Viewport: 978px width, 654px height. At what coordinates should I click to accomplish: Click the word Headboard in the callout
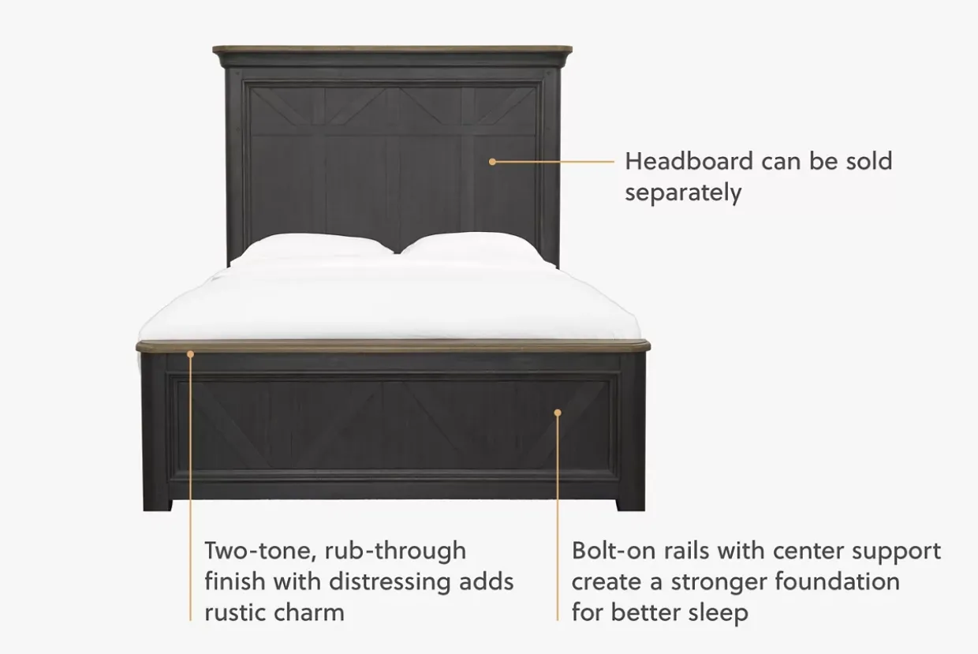click(689, 161)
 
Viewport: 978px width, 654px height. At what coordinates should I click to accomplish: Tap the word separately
click(683, 193)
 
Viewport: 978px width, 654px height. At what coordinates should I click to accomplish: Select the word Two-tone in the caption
click(260, 551)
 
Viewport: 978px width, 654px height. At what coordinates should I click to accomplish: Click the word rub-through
click(396, 551)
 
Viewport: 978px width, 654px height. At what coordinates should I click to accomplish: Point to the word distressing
click(390, 582)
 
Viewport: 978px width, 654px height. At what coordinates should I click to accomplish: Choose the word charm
click(309, 613)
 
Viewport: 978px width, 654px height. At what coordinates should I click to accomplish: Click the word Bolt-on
click(614, 551)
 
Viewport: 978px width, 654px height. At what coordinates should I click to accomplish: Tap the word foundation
click(838, 582)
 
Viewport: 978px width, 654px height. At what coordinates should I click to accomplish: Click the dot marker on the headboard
click(492, 162)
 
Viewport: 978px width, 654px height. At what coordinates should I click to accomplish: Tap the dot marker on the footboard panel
click(558, 413)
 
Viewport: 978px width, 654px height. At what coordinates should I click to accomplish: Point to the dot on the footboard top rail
click(190, 354)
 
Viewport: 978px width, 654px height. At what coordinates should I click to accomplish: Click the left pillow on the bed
click(312, 248)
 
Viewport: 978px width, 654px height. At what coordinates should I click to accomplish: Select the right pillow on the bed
click(474, 247)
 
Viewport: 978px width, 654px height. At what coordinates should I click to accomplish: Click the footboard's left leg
click(156, 432)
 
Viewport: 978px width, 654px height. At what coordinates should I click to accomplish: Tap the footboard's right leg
click(631, 432)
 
